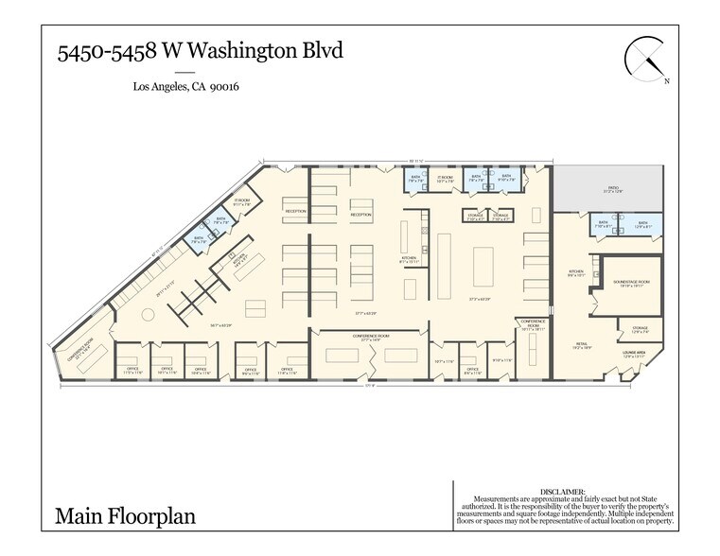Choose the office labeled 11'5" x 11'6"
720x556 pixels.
point(132,371)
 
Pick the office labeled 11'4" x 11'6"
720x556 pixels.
point(287,371)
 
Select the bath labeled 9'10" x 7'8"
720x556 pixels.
point(506,178)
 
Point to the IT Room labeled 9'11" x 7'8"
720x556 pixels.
point(242,201)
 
